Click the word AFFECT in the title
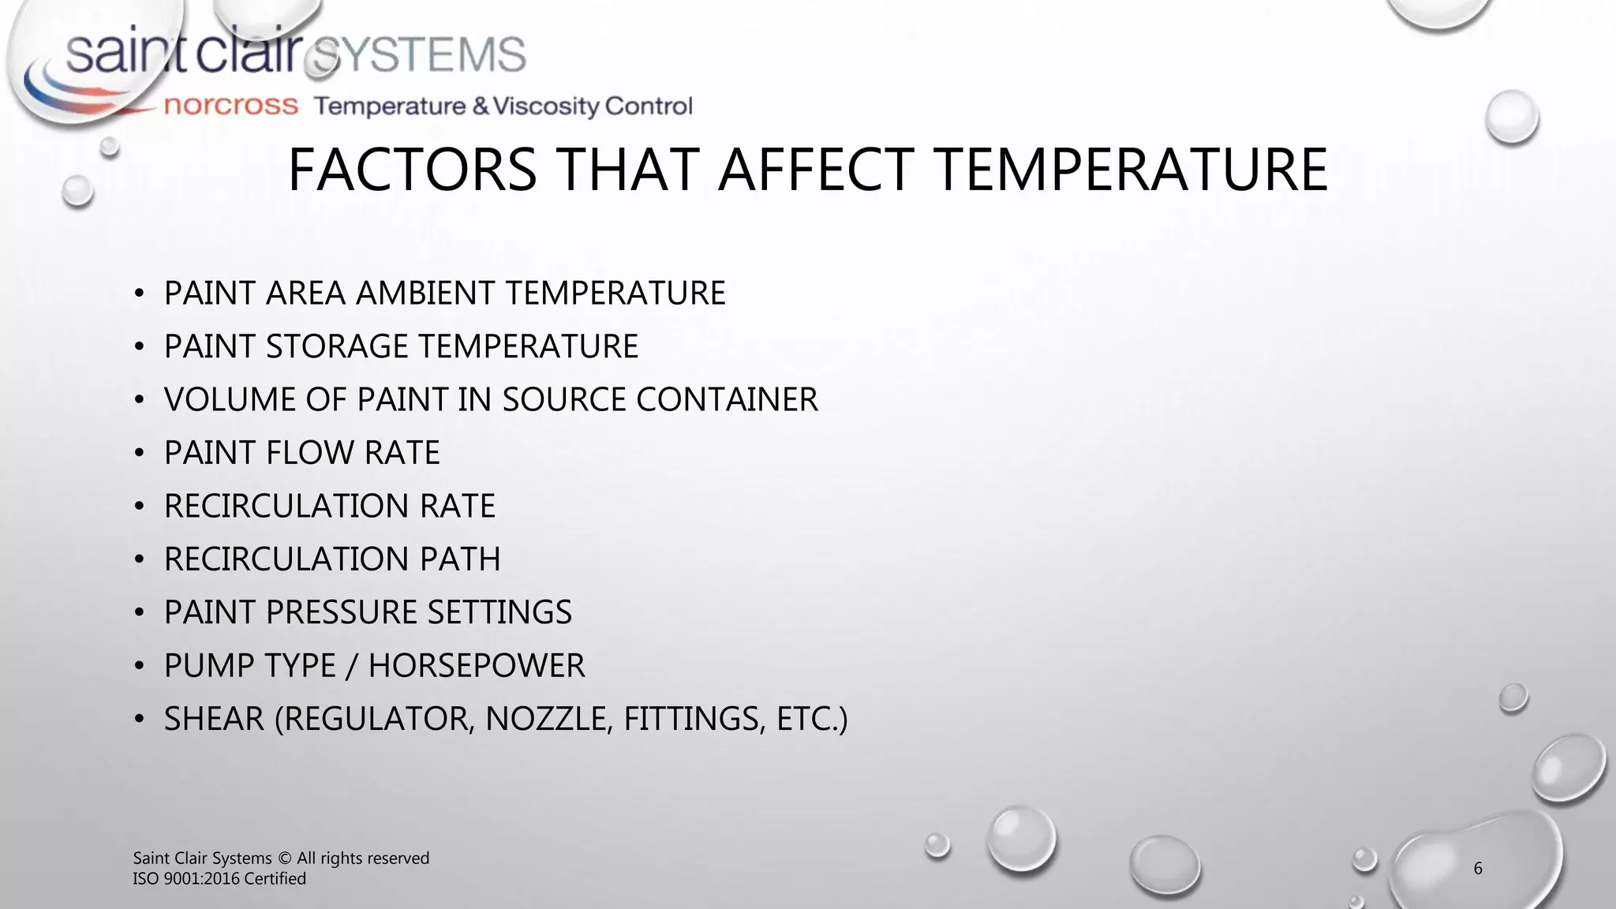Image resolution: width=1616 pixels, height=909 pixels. pyautogui.click(x=814, y=170)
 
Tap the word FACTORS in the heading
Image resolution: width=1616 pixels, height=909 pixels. pyautogui.click(x=412, y=170)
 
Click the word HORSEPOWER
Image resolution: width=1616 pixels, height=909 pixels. pyautogui.click(x=477, y=666)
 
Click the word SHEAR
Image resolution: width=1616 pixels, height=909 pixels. pyautogui.click(x=214, y=719)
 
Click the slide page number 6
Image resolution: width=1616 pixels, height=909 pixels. pyautogui.click(x=1478, y=869)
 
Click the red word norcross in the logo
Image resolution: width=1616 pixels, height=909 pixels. pyautogui.click(x=230, y=106)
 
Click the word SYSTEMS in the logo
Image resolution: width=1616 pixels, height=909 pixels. pyautogui.click(x=418, y=55)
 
